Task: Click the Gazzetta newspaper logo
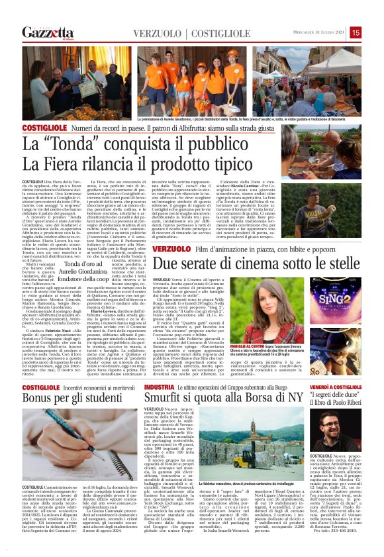tap(47, 32)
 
